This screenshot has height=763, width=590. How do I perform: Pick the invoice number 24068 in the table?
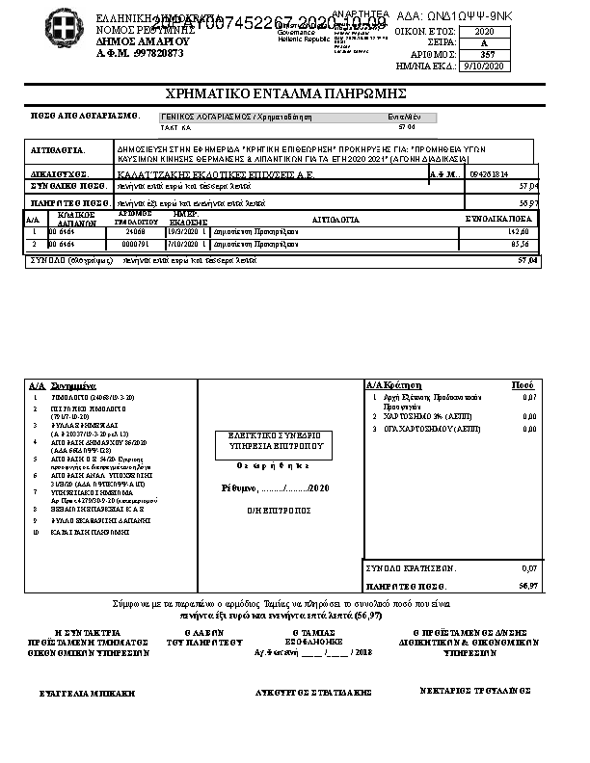(x=135, y=232)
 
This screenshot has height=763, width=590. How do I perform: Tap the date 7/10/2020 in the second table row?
(x=181, y=245)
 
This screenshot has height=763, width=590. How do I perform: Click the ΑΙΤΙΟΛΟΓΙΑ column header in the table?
(x=335, y=221)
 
